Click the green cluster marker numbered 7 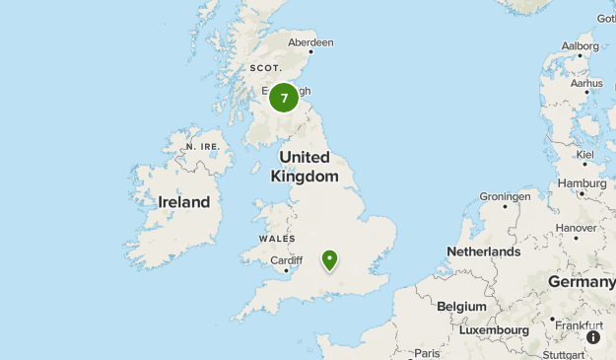pos(284,98)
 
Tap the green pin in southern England pos(329,260)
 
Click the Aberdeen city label pos(310,42)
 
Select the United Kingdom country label pos(305,167)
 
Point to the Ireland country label pos(184,202)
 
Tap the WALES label pos(276,239)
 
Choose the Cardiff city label pos(286,260)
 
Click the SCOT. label pos(265,67)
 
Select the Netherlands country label pos(483,252)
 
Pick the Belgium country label pos(461,307)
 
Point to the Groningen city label pos(505,196)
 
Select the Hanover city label pos(576,228)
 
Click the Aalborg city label pos(580,45)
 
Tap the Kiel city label pos(585,155)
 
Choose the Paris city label pos(427,353)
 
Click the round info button pos(593,337)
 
